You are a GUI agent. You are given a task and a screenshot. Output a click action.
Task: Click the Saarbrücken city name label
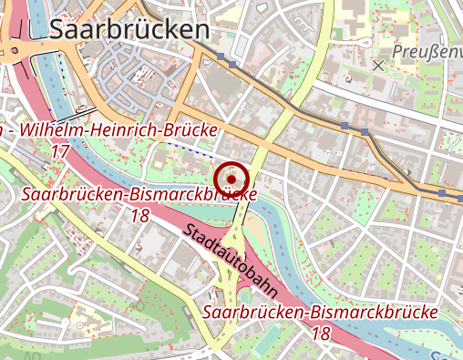[129, 29]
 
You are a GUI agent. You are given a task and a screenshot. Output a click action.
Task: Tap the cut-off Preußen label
[427, 52]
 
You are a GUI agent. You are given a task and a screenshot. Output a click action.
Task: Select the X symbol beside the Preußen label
[378, 65]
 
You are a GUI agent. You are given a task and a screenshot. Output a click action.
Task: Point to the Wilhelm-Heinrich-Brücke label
[118, 131]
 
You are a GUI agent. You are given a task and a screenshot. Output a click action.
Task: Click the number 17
[62, 150]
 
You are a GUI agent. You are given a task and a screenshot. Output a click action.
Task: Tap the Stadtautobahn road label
[230, 262]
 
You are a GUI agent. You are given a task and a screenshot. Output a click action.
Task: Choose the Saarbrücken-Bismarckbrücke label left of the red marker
[138, 195]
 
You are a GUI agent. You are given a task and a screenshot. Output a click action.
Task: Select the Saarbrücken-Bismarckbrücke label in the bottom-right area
[321, 313]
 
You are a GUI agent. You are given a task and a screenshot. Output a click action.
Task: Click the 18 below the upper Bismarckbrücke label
[140, 216]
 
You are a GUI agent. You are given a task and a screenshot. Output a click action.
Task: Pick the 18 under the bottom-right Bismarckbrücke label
[321, 334]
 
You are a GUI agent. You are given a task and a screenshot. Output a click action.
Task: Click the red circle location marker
[231, 179]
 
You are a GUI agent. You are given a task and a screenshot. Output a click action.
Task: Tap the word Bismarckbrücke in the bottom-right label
[373, 313]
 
